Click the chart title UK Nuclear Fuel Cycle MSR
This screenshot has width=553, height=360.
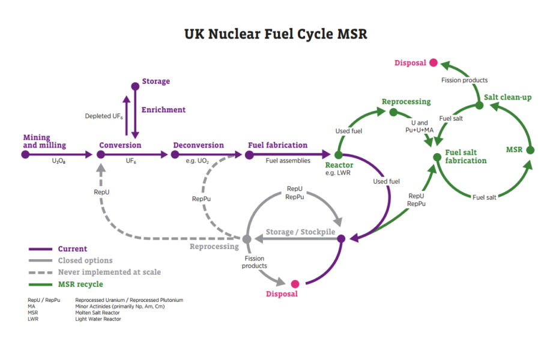point(276,34)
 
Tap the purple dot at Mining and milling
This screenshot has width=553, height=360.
point(25,154)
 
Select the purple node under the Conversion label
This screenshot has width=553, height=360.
point(101,154)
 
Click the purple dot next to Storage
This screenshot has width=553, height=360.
point(135,86)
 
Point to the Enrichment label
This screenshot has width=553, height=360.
point(163,110)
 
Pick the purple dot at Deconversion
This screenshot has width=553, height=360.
point(175,154)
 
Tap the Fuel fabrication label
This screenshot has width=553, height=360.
point(277,145)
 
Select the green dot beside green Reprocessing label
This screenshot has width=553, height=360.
point(393,112)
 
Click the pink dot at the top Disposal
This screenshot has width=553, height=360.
point(434,62)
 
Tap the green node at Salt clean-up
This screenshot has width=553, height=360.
point(479,106)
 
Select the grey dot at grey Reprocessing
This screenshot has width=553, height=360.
point(246,239)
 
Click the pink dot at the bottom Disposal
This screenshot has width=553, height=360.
point(295,284)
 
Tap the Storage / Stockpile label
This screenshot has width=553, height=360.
point(300,232)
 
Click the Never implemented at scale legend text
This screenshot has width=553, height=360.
point(109,272)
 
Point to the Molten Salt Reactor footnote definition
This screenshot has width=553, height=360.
point(97,313)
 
